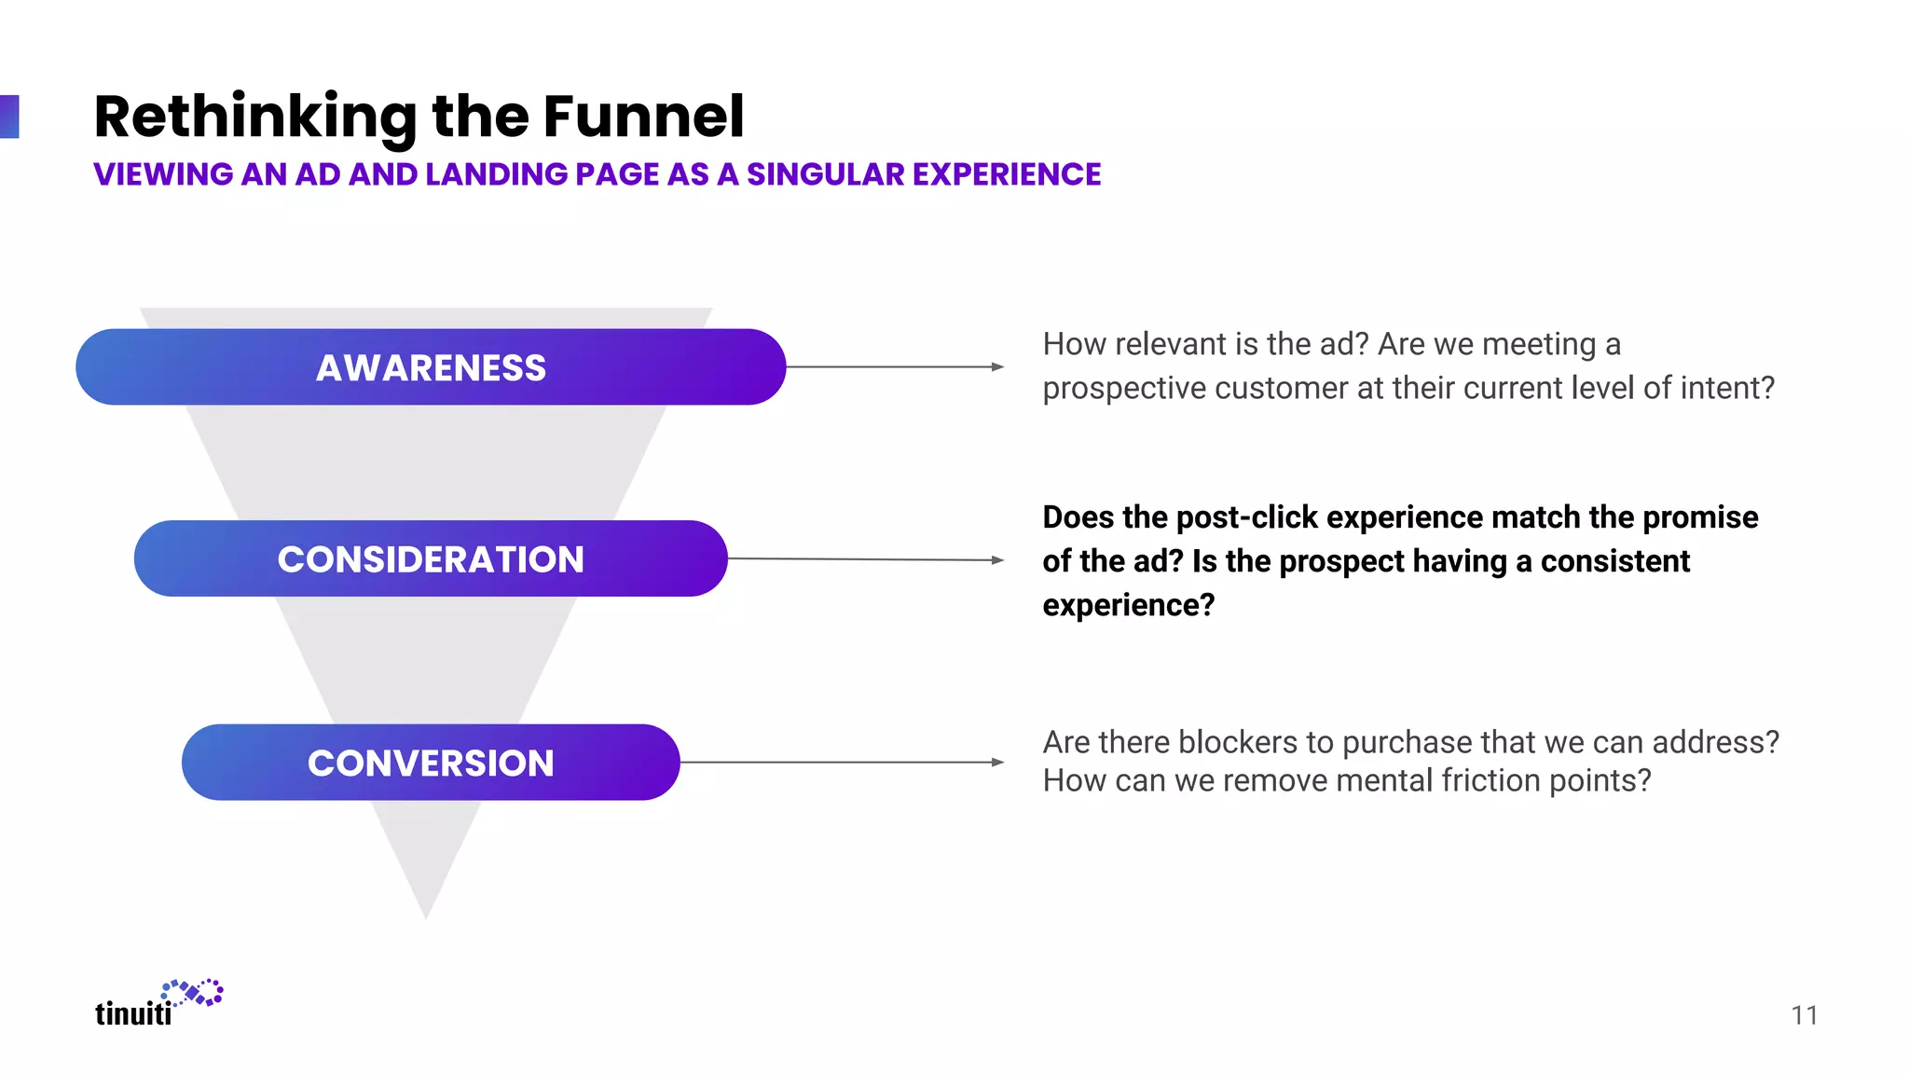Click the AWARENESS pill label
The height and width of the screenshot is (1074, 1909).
431,367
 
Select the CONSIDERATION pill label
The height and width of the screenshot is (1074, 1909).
431,559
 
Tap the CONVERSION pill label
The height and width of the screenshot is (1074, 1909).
431,763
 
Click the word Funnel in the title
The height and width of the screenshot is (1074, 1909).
643,117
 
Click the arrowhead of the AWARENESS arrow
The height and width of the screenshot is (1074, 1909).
997,367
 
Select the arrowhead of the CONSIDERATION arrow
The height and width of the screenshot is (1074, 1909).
997,560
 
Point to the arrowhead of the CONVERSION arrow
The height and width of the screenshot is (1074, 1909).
997,762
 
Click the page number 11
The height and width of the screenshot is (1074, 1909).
1805,1015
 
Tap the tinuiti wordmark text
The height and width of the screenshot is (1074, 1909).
133,1013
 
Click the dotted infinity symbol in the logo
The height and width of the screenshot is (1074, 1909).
194,993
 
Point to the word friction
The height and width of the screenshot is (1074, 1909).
1490,780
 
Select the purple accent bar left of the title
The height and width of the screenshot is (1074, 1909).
8,117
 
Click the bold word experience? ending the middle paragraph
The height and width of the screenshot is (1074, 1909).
1128,605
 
